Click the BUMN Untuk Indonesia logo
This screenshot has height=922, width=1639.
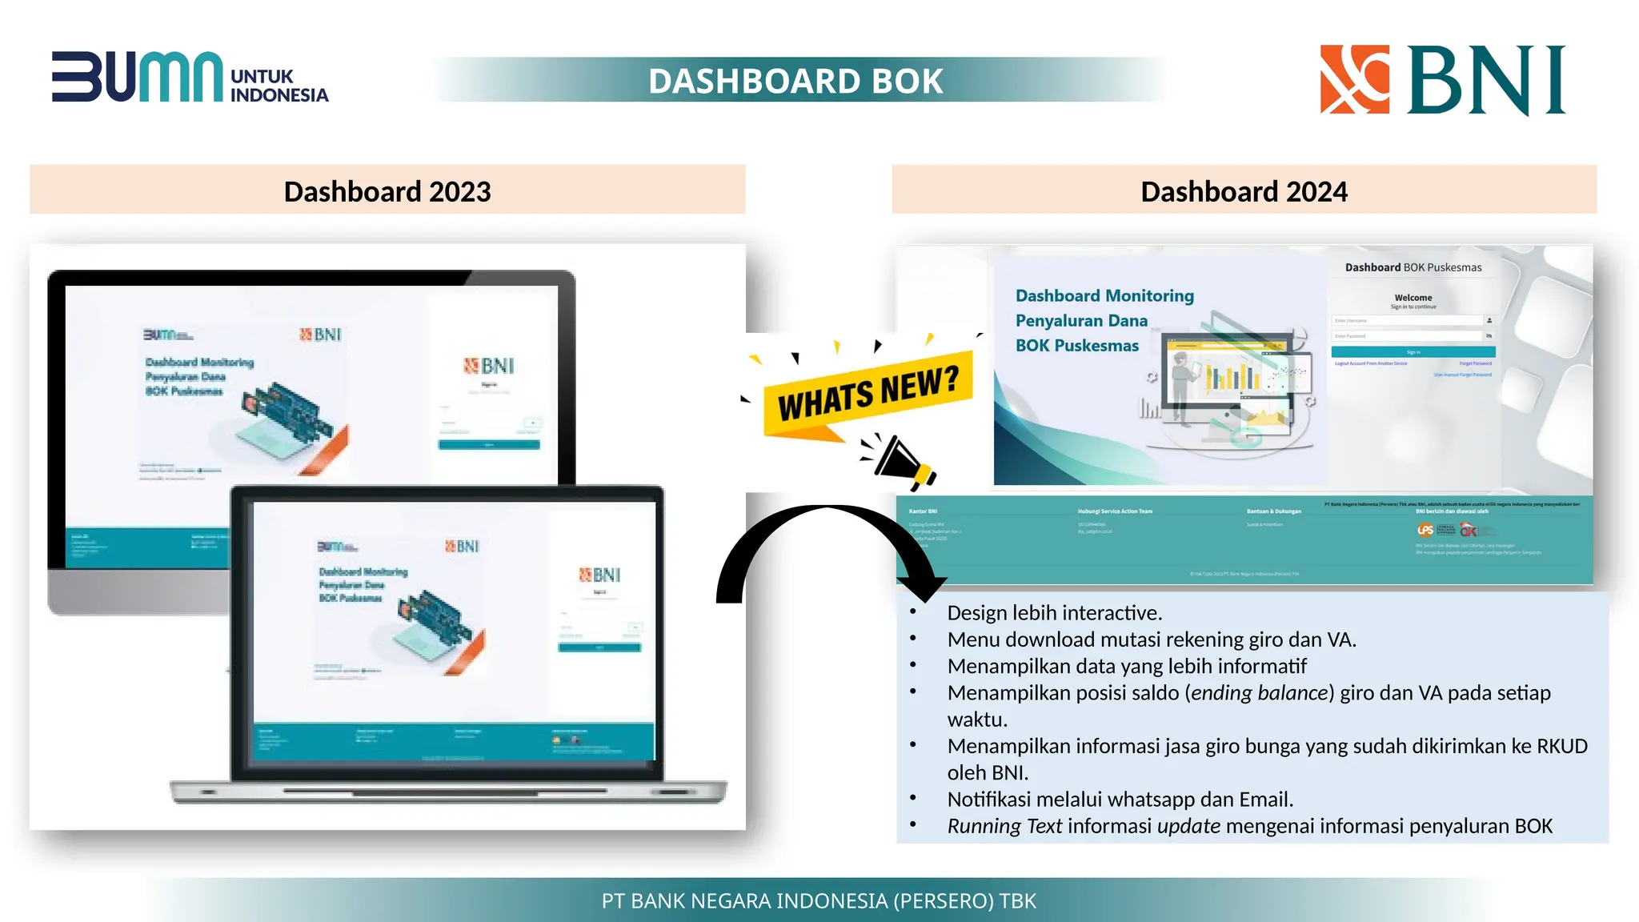click(x=190, y=78)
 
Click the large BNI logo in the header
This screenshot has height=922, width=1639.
click(x=1442, y=79)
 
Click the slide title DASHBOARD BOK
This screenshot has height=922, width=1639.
click(x=795, y=81)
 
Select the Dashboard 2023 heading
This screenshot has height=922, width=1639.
click(x=387, y=191)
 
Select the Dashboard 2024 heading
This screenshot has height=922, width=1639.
click(x=1244, y=191)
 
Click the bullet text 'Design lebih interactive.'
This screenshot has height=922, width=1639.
click(x=1054, y=613)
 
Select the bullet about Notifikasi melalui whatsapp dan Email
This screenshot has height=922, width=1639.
click(x=1120, y=800)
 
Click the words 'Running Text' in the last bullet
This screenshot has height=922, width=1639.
click(x=1004, y=826)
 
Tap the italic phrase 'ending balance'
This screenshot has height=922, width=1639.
click(x=1260, y=693)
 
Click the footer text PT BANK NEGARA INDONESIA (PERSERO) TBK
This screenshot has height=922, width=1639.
click(x=819, y=901)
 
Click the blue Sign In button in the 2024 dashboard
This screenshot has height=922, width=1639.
click(x=1413, y=352)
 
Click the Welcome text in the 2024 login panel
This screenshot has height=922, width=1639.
click(x=1413, y=298)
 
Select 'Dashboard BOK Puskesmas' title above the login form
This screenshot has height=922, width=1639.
click(x=1413, y=267)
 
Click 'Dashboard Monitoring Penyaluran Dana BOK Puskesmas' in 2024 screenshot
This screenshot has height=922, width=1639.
click(x=1104, y=320)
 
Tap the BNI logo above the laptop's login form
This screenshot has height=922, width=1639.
click(x=599, y=575)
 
